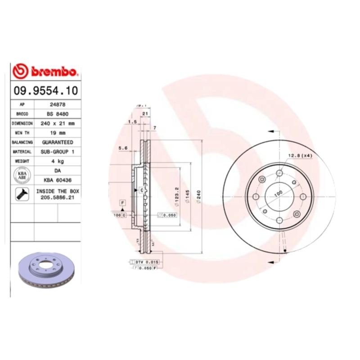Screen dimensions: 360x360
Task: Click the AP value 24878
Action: click(57, 104)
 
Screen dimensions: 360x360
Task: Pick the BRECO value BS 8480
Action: click(57, 114)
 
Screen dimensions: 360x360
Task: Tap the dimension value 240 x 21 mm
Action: click(57, 123)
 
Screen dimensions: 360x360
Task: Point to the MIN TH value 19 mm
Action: click(57, 133)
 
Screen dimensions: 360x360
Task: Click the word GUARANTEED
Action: click(57, 142)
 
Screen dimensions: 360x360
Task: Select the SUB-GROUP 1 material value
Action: click(57, 152)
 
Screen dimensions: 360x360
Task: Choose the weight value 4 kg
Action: click(57, 161)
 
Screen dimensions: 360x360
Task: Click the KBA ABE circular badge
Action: click(22, 175)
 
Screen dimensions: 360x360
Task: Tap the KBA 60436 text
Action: click(57, 180)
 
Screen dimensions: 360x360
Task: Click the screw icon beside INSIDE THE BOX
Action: click(21, 194)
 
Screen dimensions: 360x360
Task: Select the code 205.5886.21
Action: click(57, 198)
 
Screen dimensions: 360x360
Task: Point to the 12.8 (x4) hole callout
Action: click(300, 156)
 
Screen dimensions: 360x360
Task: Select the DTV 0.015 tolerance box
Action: click(147, 261)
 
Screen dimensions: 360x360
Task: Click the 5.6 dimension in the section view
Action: click(123, 148)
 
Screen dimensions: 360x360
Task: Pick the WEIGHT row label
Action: click(22, 161)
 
